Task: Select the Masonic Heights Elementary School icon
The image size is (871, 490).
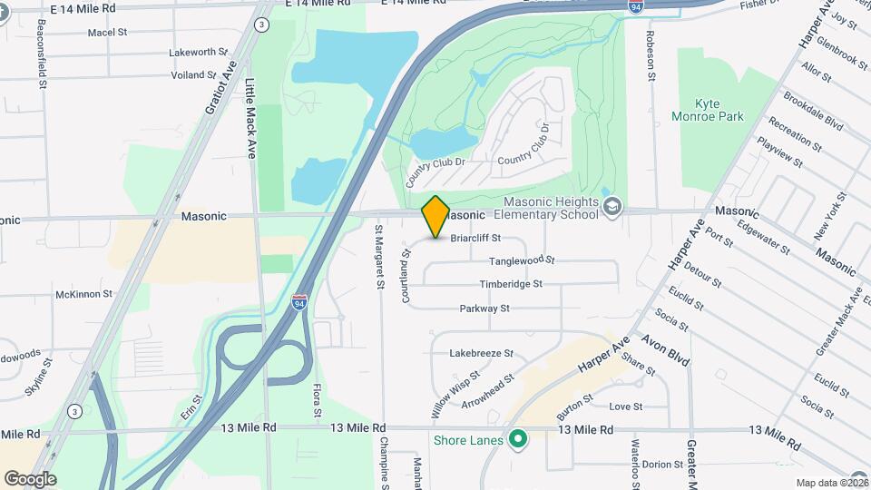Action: point(612,208)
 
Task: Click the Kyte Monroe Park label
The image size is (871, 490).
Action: point(719,110)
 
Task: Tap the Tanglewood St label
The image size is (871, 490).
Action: point(522,260)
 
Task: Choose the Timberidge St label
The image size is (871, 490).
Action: point(511,284)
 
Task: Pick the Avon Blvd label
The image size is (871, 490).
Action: point(666,349)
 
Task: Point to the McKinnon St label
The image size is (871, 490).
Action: point(83,294)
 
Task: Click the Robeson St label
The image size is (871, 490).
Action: point(651,54)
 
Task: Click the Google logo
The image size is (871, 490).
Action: point(30,479)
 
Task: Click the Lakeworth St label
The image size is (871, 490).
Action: point(200,53)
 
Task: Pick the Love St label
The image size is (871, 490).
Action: point(625,407)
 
